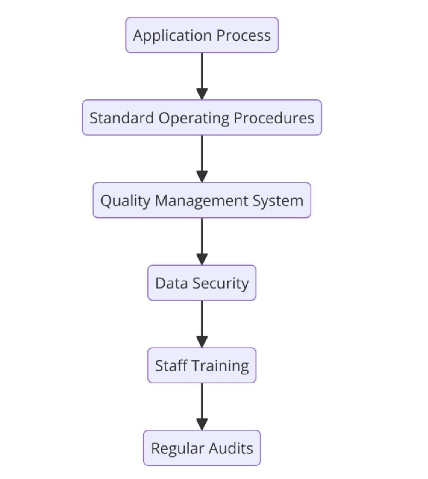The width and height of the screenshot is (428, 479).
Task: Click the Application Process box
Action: (201, 35)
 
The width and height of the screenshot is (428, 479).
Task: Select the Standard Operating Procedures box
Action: (201, 118)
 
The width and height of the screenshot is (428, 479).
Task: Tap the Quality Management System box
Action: (201, 200)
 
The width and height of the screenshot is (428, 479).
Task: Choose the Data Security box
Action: (201, 283)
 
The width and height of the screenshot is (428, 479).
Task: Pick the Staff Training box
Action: (201, 366)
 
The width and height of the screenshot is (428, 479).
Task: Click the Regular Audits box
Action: (201, 448)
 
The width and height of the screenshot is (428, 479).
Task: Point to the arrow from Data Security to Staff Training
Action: (201, 324)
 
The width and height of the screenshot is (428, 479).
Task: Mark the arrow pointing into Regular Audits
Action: (201, 406)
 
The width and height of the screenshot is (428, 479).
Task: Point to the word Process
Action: (243, 36)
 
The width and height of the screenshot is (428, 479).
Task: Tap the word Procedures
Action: (274, 118)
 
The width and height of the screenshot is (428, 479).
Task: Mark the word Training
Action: (220, 366)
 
